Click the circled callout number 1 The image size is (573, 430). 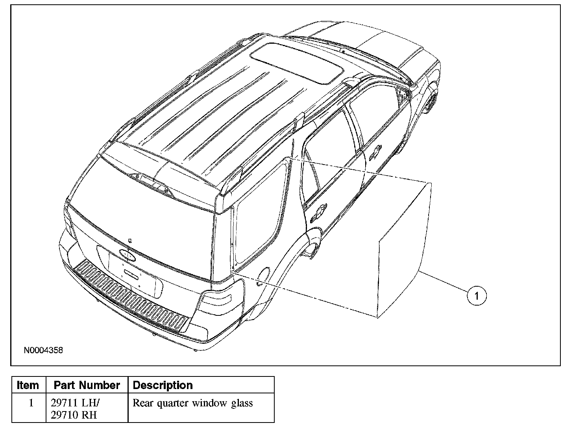click(477, 295)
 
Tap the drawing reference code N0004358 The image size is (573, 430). click(43, 350)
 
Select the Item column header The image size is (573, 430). click(28, 385)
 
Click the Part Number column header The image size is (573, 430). click(87, 385)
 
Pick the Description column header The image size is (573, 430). click(163, 385)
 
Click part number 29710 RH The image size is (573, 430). click(74, 415)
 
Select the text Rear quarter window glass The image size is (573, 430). click(192, 403)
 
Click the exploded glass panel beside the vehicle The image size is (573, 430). click(403, 252)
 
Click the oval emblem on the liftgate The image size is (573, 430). click(126, 255)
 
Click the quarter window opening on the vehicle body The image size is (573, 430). click(260, 213)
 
